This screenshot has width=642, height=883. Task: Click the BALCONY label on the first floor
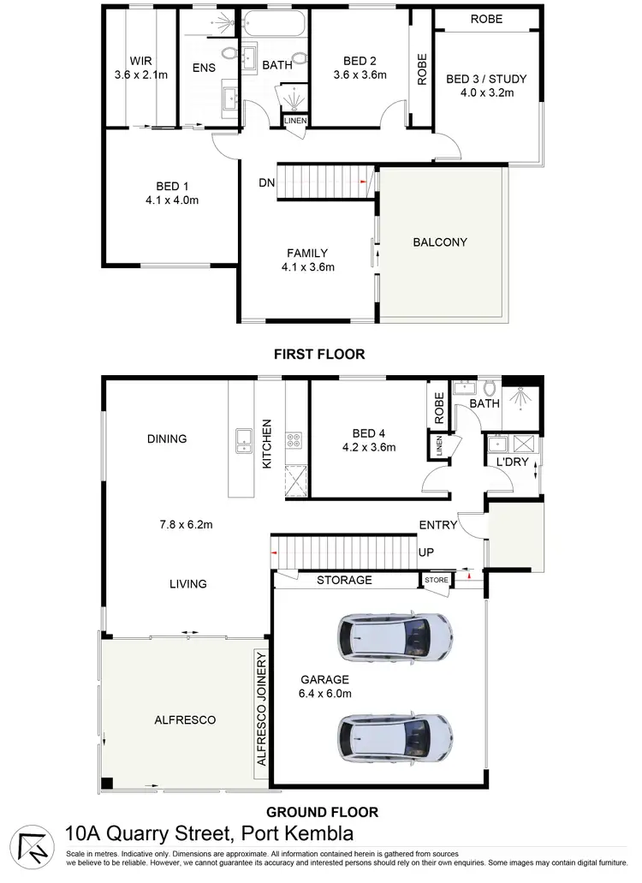coord(440,242)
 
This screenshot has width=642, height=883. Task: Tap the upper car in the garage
coord(395,638)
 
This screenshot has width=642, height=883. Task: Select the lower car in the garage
coord(395,734)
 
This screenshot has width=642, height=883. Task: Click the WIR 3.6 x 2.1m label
coord(140,68)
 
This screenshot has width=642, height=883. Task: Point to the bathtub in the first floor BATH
coord(275,23)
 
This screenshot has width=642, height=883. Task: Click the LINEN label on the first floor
coord(294,122)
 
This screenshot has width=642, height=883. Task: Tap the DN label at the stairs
coord(266,182)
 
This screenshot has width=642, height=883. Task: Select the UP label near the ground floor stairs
coord(425,552)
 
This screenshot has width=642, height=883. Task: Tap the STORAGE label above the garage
coord(344,580)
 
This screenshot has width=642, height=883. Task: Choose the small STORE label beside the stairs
coord(436,581)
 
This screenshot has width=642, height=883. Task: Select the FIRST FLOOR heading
coord(318,353)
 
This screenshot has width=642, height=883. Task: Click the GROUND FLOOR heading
coord(323,812)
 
